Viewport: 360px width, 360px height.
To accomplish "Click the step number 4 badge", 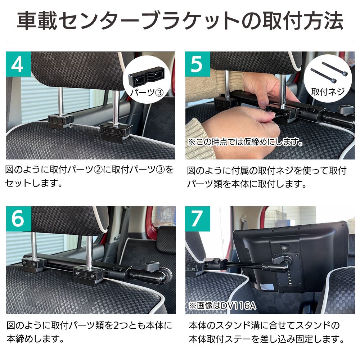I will pos(18,64).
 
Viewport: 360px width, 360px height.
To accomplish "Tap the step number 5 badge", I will pos(197,64).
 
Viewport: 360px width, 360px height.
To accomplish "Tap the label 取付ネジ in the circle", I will pos(328,92).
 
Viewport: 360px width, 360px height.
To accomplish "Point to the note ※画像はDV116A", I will pos(222,306).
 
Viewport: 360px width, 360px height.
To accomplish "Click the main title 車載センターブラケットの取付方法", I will pos(180,22).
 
